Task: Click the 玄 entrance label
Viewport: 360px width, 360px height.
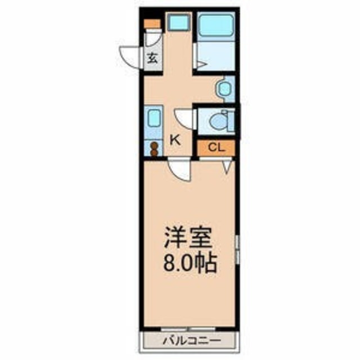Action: point(152,56)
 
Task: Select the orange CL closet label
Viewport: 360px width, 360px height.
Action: point(215,148)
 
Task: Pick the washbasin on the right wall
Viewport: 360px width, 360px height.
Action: point(226,89)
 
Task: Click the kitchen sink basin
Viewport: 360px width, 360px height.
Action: point(154,119)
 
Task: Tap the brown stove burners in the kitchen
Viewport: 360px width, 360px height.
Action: point(154,149)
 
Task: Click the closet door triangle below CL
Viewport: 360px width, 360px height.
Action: point(227,166)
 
